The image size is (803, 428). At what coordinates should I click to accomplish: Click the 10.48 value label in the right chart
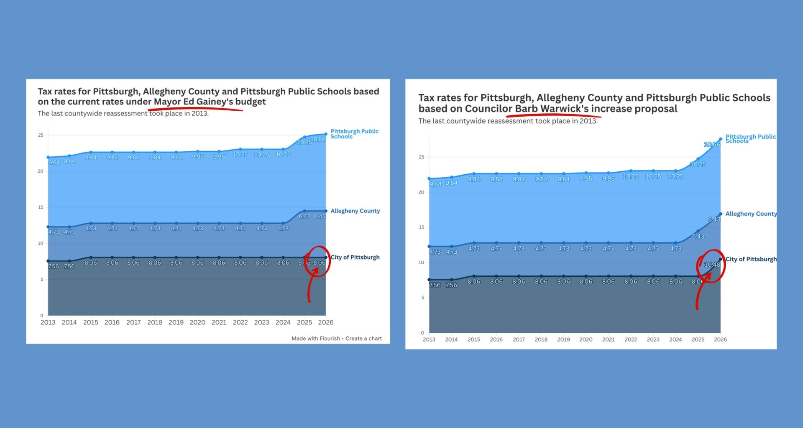[712, 265]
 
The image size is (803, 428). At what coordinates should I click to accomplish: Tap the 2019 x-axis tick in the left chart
[176, 322]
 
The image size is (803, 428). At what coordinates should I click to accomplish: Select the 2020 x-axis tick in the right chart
[586, 339]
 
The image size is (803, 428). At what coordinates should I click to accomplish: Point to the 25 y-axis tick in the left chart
[41, 135]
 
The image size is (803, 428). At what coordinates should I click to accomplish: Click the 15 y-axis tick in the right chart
[421, 227]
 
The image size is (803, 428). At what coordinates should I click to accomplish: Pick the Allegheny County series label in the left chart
[355, 211]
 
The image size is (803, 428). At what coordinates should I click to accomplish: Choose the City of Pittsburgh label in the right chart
[751, 259]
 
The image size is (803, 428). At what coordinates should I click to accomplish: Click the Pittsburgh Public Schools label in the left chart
[354, 134]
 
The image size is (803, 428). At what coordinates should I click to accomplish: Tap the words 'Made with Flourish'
[315, 339]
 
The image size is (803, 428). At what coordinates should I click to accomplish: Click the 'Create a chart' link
[363, 339]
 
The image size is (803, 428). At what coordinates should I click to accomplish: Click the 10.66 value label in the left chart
[318, 139]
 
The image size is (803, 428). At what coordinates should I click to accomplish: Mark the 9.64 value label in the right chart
[435, 184]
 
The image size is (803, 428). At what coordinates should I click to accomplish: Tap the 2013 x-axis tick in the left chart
[48, 322]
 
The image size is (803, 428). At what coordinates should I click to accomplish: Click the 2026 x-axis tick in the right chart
[720, 339]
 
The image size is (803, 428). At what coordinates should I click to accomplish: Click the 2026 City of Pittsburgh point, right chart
[721, 259]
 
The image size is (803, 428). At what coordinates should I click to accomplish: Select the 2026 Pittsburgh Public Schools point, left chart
[326, 134]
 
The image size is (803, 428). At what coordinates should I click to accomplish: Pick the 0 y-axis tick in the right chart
[422, 333]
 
